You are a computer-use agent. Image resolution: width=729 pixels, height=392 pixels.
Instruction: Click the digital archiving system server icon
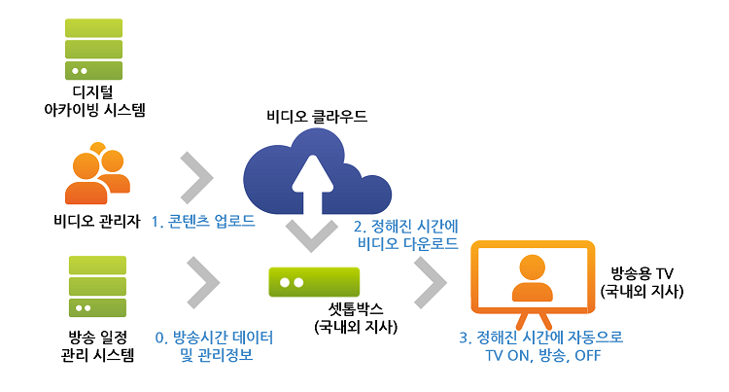93,49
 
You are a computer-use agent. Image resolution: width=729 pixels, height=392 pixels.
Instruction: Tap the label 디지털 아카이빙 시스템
94,101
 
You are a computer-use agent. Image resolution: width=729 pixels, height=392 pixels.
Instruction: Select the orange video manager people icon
97,173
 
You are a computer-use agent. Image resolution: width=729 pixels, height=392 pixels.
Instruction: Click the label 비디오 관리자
96,221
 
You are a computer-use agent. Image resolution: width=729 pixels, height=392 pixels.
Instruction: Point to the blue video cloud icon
317,171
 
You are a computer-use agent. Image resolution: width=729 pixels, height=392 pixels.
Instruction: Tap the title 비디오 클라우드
317,117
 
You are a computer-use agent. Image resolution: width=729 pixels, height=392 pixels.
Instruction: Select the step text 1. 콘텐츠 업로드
203,222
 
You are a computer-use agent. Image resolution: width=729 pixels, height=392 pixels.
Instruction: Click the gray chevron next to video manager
196,178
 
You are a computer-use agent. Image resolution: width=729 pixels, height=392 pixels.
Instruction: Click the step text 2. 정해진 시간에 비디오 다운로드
407,235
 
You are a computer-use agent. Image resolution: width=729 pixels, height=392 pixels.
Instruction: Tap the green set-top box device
314,282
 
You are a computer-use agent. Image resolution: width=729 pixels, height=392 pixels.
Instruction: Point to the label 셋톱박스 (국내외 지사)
356,318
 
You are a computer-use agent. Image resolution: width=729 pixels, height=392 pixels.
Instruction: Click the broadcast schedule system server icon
97,286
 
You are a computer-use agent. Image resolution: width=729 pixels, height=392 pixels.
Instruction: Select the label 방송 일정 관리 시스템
97,346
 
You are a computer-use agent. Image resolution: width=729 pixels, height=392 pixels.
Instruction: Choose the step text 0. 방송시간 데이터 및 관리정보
215,346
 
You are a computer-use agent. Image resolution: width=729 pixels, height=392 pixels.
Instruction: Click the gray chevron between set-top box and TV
431,282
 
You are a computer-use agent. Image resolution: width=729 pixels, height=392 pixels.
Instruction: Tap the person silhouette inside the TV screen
533,277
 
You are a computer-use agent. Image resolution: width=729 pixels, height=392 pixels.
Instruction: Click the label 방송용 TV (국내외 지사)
642,282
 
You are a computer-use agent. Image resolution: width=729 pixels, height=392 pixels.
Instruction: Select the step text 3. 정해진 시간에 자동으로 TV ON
541,346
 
